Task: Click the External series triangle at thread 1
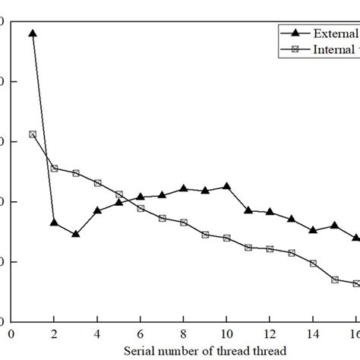[x=32, y=33]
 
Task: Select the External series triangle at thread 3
[x=75, y=234]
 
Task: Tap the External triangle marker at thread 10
[x=226, y=186]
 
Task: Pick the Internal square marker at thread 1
[x=32, y=134]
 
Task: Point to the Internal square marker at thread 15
[x=334, y=279]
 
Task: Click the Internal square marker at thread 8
[x=183, y=223]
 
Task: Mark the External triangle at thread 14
[x=313, y=229]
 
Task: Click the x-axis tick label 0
[x=11, y=333]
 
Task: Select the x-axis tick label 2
[x=54, y=333]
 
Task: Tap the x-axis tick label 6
[x=141, y=333]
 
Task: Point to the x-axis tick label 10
[x=226, y=333]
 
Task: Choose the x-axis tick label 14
[x=313, y=333]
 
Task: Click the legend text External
[x=334, y=33]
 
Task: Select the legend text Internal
[x=334, y=49]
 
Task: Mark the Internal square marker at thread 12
[x=270, y=249]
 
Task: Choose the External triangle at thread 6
[x=141, y=197]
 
